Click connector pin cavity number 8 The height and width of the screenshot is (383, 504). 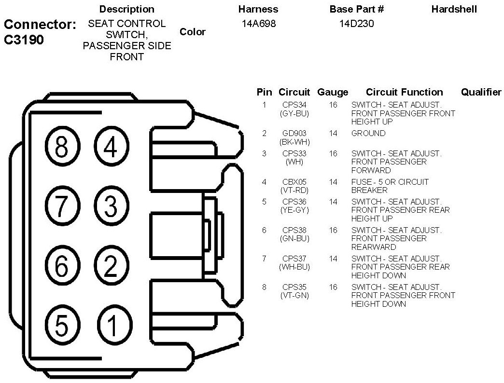pyautogui.click(x=61, y=147)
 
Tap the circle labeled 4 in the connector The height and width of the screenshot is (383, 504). pyautogui.click(x=111, y=147)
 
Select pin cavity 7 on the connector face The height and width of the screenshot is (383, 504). pyautogui.click(x=61, y=206)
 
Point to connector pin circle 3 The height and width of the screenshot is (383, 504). pyautogui.click(x=111, y=206)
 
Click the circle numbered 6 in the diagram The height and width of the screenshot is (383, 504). pyautogui.click(x=61, y=266)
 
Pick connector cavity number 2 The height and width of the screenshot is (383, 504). pyautogui.click(x=111, y=266)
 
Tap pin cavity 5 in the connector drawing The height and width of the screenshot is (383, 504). pyautogui.click(x=61, y=326)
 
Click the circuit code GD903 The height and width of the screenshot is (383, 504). pyautogui.click(x=294, y=133)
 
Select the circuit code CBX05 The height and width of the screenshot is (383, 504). pyautogui.click(x=294, y=182)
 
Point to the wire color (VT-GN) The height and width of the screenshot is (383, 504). pyautogui.click(x=294, y=296)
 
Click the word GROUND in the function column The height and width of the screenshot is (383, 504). pyautogui.click(x=368, y=133)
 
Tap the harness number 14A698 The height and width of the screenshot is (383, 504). pyautogui.click(x=259, y=23)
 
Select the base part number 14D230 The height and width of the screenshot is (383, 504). pyautogui.click(x=357, y=23)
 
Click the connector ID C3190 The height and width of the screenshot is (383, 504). pyautogui.click(x=24, y=40)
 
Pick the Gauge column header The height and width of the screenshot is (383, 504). pyautogui.click(x=333, y=92)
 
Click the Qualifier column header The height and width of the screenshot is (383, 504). pyautogui.click(x=481, y=92)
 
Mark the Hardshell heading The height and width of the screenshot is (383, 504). pyautogui.click(x=454, y=9)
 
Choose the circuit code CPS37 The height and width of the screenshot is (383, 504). pyautogui.click(x=294, y=259)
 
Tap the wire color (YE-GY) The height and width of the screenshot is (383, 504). pyautogui.click(x=294, y=210)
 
